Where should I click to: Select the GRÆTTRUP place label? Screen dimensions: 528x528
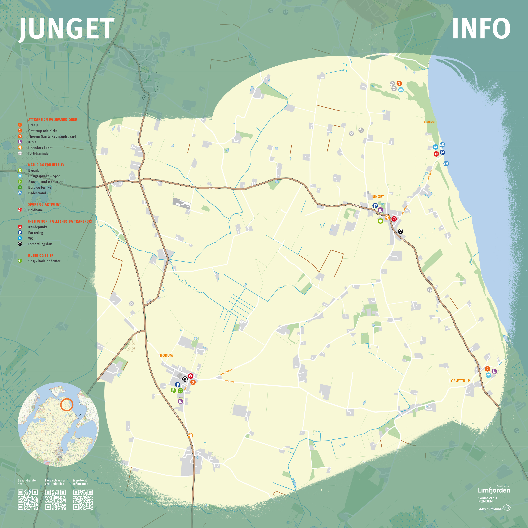point(460,381)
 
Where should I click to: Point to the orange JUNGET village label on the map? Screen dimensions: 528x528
point(378,197)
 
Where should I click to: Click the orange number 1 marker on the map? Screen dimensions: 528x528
point(399,83)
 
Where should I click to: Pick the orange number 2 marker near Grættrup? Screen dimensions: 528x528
point(487,369)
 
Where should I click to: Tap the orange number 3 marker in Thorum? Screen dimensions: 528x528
point(193,382)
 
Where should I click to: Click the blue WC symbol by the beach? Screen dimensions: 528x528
point(436,147)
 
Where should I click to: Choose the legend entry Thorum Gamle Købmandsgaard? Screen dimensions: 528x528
point(52,136)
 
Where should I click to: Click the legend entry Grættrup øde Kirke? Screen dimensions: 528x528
point(43,131)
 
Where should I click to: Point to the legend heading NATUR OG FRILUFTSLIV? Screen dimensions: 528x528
point(46,165)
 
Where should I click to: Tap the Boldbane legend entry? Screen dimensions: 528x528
point(35,210)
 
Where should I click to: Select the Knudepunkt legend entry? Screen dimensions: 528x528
point(37,227)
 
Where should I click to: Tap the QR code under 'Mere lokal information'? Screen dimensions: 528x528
point(83,500)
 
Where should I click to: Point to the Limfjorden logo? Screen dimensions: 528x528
point(494,490)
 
